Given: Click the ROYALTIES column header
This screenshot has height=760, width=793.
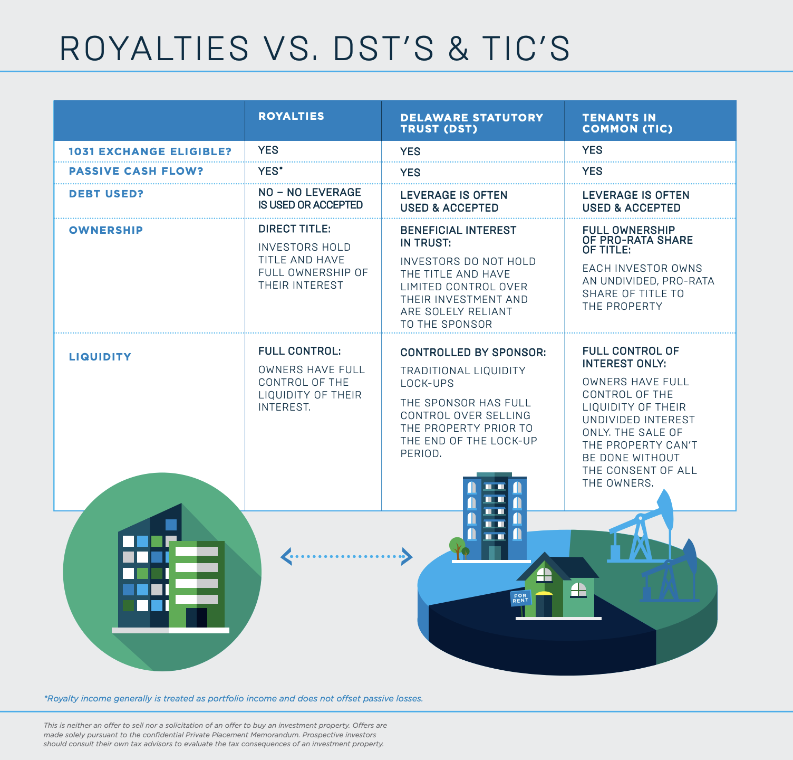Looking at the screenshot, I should (x=291, y=116).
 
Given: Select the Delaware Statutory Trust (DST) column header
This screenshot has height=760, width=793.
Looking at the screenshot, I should (x=471, y=123).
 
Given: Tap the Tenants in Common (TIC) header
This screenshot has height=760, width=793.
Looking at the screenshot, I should (x=627, y=123).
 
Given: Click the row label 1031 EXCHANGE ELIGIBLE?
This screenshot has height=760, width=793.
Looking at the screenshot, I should (x=150, y=151).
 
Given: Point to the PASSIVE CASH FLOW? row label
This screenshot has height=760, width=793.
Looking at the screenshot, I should (x=136, y=171).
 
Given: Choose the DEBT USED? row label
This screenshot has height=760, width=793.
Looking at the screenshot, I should (x=106, y=194).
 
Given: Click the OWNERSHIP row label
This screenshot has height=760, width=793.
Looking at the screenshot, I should (x=106, y=230).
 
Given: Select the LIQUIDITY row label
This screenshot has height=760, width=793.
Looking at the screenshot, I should (x=100, y=357).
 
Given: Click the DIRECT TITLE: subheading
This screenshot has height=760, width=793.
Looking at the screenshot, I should (x=294, y=229).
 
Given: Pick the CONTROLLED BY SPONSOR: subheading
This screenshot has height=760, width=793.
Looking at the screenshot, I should (x=473, y=353).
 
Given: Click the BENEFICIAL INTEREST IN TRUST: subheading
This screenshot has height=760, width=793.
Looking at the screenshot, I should (x=458, y=236).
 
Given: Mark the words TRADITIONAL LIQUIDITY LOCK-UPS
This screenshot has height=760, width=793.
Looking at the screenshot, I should (x=462, y=377).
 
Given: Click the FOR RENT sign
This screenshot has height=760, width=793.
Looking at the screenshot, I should (x=520, y=598).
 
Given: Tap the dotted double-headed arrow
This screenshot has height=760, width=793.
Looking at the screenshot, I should (x=346, y=556).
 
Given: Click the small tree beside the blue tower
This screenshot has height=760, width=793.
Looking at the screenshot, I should (x=457, y=546).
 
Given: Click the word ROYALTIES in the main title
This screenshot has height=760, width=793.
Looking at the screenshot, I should (x=154, y=49).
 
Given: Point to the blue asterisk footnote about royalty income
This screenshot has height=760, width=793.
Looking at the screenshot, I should (x=233, y=698).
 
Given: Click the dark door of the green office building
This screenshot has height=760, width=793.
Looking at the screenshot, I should (x=197, y=617).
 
